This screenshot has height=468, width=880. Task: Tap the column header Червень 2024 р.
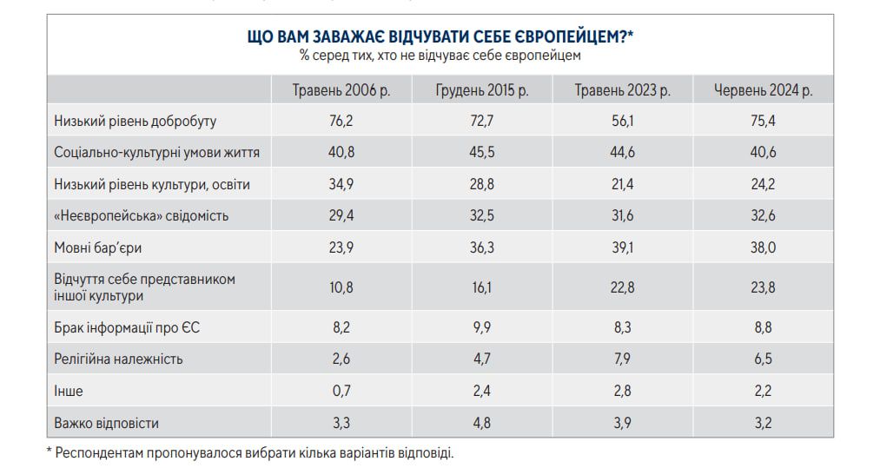763,90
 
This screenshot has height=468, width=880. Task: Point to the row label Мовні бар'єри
98,247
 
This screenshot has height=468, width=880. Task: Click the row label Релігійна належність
118,359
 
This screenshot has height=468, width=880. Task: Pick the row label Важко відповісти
107,423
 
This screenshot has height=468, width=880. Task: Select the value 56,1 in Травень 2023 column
622,122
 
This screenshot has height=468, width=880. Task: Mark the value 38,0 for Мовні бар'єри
763,247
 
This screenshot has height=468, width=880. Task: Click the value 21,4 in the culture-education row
622,184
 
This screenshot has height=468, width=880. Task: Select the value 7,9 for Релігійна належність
622,359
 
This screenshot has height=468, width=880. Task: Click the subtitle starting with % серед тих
440,55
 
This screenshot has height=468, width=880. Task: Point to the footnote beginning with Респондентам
252,452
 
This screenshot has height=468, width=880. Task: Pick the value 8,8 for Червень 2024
763,326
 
